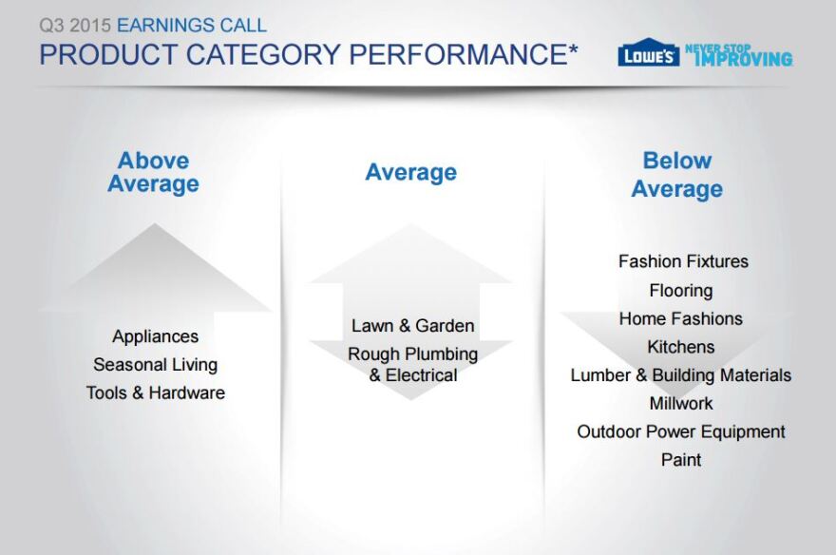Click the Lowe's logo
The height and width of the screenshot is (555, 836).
[648, 53]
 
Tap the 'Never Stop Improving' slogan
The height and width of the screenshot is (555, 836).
[739, 55]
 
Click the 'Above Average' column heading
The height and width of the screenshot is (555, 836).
[154, 172]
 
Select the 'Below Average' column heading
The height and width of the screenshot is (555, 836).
[677, 175]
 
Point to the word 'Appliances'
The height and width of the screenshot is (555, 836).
[155, 336]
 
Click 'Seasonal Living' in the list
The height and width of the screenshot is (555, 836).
[155, 365]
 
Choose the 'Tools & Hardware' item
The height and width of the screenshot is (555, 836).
[155, 392]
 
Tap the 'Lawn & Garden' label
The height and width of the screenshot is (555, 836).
[412, 325]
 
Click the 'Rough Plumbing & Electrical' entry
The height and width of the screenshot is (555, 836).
[412, 364]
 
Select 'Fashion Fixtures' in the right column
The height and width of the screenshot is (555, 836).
[683, 261]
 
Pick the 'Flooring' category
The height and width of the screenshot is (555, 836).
[681, 291]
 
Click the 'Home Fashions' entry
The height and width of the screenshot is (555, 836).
[681, 318]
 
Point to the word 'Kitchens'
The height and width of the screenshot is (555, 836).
[681, 347]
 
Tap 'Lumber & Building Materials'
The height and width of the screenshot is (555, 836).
[681, 375]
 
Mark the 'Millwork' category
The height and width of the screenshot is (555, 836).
[681, 404]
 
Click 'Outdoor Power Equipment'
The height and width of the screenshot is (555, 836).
[681, 431]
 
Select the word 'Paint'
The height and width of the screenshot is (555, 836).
[681, 460]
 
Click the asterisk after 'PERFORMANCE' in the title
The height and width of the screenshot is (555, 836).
[573, 49]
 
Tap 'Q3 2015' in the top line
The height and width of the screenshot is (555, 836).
[75, 25]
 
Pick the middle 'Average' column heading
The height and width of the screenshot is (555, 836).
[411, 173]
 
